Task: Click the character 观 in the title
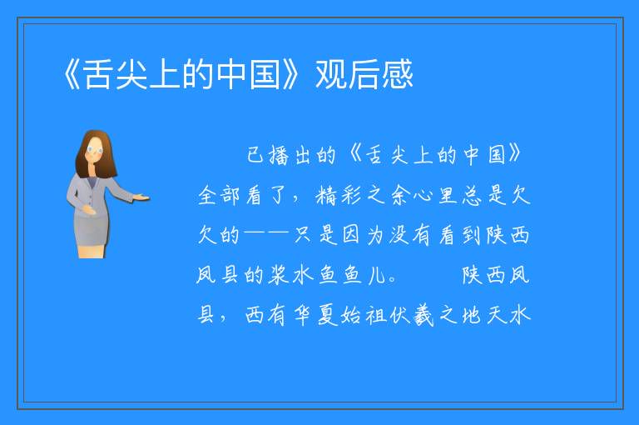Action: coord(331,74)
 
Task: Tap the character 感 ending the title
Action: coord(398,74)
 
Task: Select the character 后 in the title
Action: coord(364,74)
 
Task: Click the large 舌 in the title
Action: coord(98,74)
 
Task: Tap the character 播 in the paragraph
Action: coord(280,155)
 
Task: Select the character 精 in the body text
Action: coord(325,195)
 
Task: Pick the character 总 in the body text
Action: coord(473,195)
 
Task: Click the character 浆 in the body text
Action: coord(279,275)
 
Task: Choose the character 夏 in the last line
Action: coord(328,315)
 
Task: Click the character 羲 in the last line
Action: coord(424,315)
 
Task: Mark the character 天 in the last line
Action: coord(497,315)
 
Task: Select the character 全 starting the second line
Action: coord(207,195)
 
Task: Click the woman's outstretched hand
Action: coord(141,197)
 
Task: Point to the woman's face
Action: coord(95,150)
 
